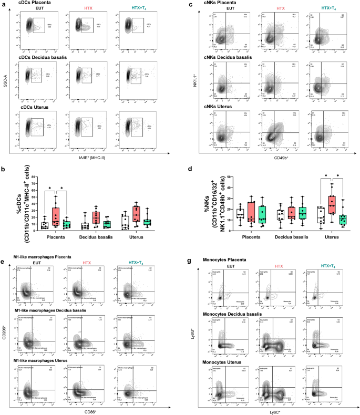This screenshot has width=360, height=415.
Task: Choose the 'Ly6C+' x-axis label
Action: pos(279,410)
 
